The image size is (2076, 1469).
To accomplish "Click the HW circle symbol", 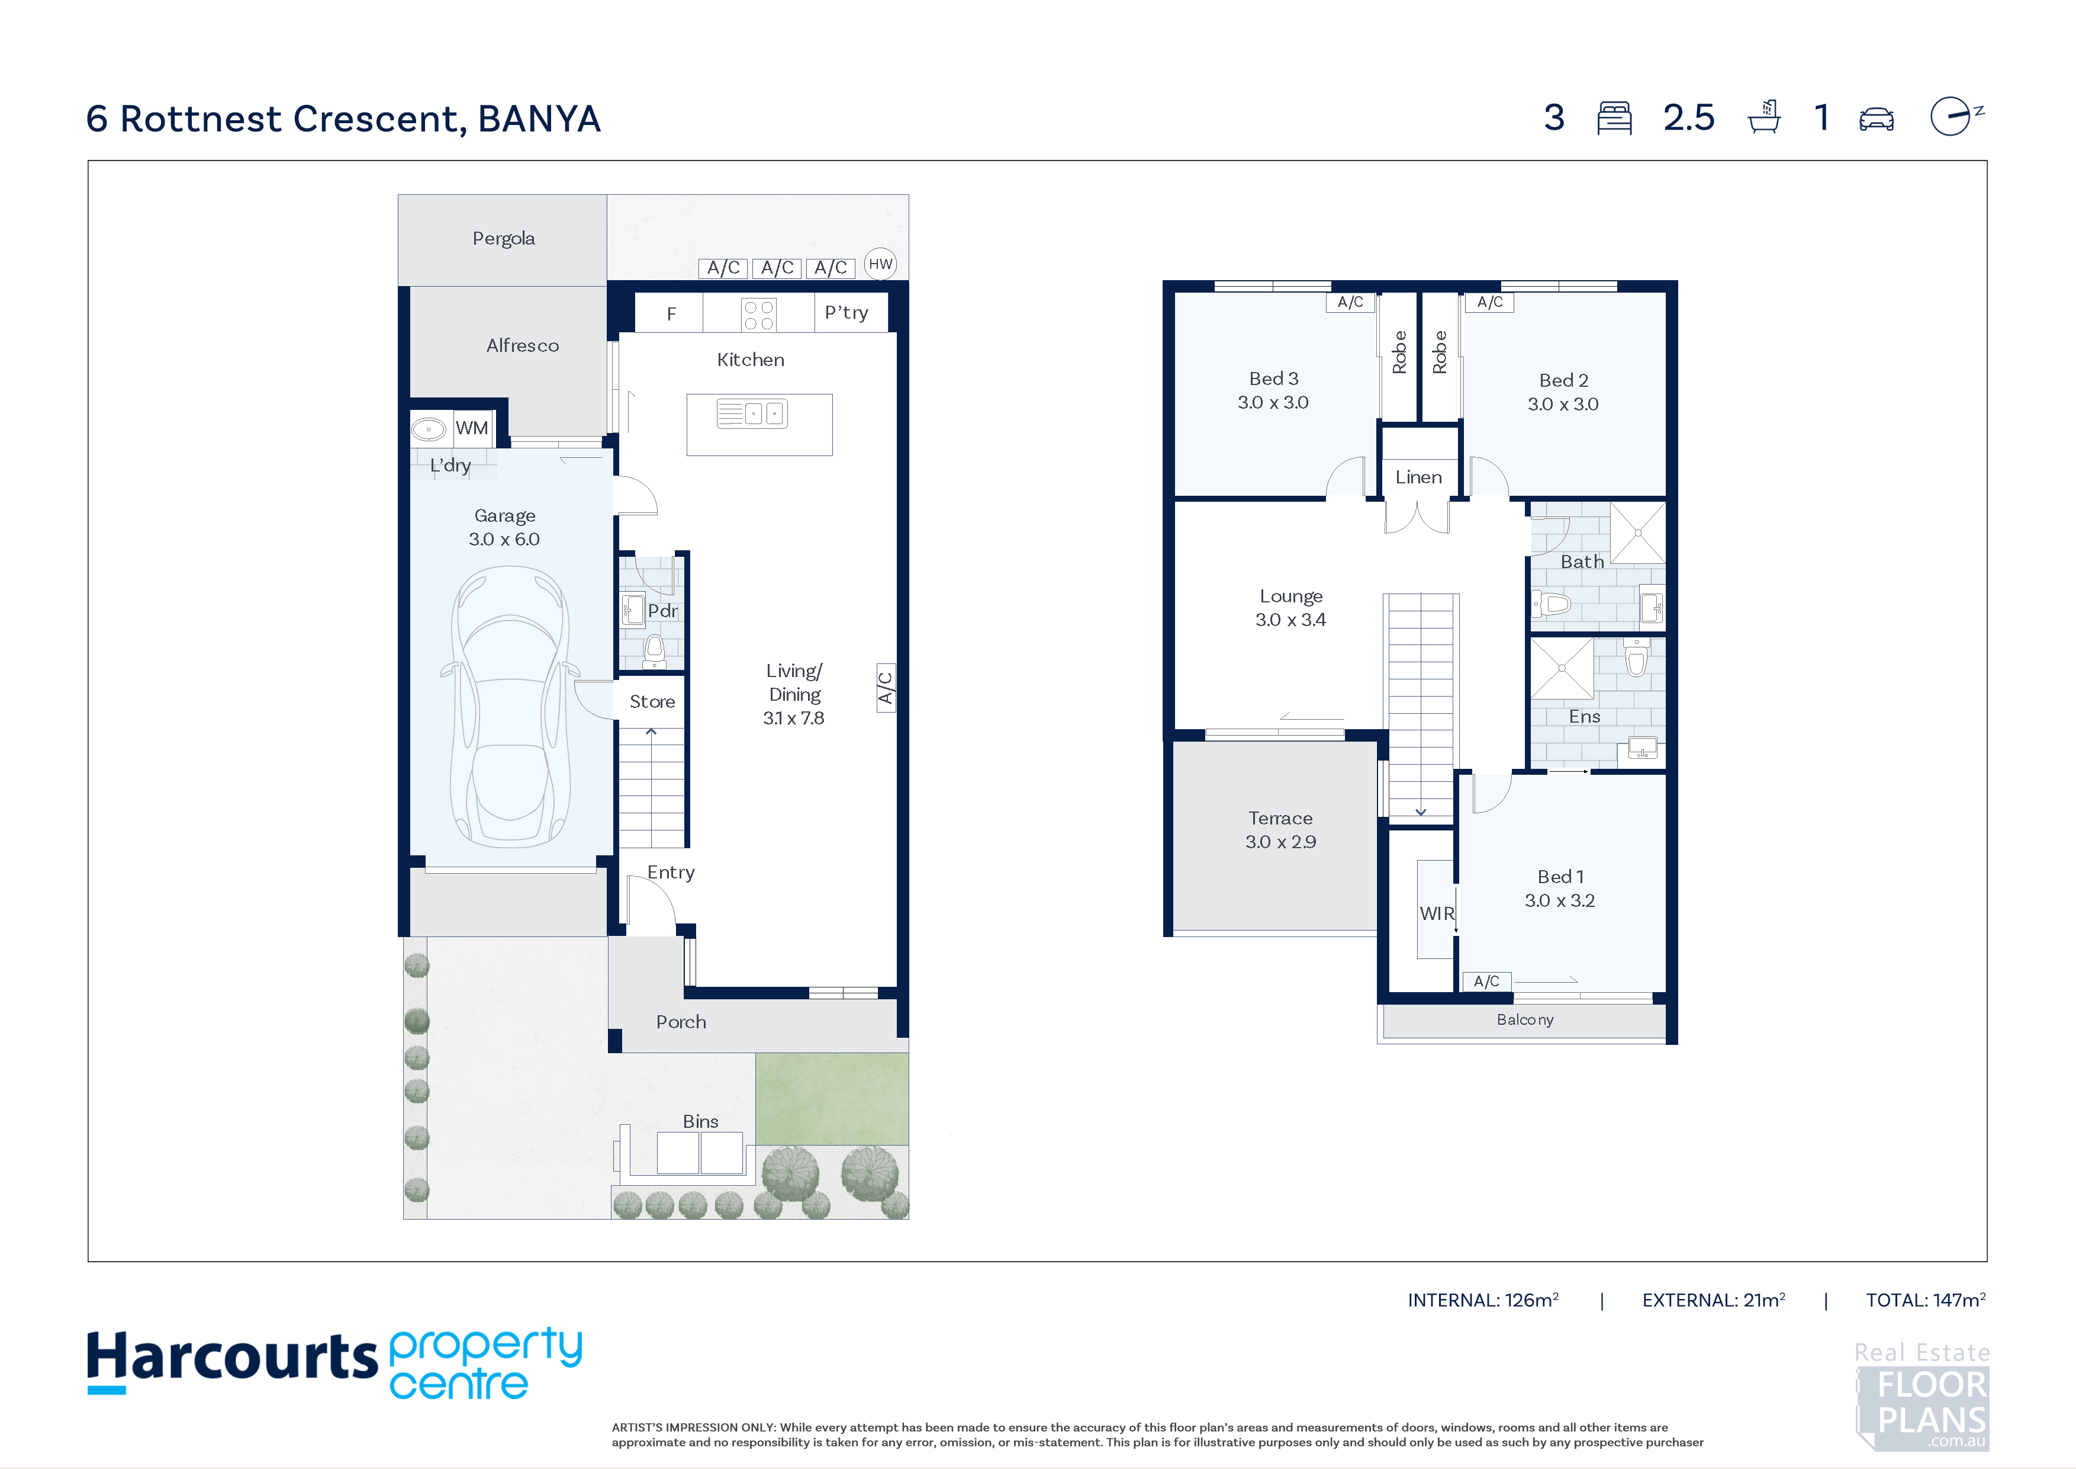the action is click(880, 264).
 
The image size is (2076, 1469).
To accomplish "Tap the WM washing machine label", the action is click(471, 428).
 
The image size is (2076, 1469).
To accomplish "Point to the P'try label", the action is click(847, 313).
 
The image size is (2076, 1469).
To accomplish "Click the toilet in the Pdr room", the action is click(655, 647).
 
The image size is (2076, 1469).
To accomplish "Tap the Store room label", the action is click(652, 702).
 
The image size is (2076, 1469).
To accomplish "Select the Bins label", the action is click(701, 1122).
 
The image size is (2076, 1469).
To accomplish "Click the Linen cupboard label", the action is click(1419, 477).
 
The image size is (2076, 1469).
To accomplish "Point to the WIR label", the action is click(1437, 913).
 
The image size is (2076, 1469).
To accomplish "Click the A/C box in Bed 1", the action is click(1486, 982).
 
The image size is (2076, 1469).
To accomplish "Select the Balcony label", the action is click(1525, 1019).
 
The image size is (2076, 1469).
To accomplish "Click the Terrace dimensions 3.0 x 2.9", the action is click(1280, 842).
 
